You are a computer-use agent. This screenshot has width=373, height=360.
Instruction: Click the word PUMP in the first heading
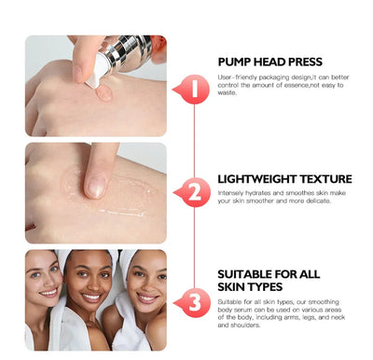point(234,61)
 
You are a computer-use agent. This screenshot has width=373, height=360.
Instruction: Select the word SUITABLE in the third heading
point(247,274)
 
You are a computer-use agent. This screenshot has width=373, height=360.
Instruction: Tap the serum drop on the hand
point(104,93)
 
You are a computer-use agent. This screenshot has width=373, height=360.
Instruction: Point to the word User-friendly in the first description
point(239,77)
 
